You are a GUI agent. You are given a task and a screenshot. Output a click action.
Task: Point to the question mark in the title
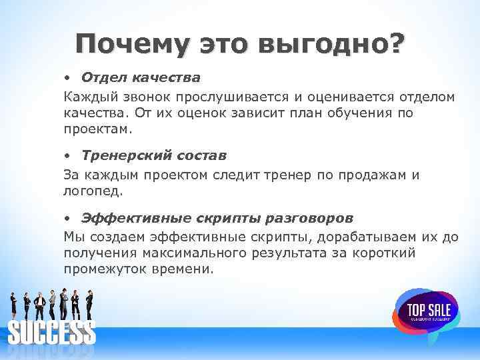396,44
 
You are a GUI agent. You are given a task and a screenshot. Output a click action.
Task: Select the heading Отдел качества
141,78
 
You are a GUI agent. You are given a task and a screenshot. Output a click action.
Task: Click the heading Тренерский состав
154,155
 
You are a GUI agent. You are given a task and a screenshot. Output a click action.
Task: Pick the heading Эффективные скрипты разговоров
217,218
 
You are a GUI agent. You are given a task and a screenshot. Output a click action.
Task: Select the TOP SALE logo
425,310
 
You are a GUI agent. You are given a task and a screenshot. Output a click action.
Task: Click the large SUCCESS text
51,332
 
